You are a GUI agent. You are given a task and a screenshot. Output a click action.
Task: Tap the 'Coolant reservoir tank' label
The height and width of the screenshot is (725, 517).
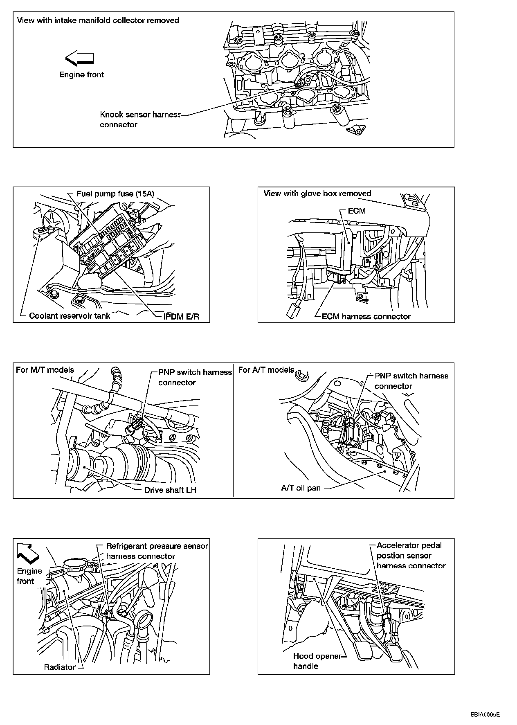coord(70,315)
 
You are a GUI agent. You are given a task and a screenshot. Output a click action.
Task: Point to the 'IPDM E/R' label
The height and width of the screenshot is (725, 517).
coord(181,316)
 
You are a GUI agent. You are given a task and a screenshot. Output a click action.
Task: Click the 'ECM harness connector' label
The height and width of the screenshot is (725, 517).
coord(366,316)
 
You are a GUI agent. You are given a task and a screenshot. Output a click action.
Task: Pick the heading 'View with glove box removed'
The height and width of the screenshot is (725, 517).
coord(317,194)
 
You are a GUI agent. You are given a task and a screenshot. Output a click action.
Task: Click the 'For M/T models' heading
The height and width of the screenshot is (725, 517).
coord(45,370)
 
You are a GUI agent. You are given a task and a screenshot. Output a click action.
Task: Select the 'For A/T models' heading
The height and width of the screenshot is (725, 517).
coord(266,370)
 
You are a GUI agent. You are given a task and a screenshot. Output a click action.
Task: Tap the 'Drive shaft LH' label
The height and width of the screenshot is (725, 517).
coord(170,490)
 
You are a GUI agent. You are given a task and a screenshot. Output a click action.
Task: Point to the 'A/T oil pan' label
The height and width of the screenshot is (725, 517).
coord(301,488)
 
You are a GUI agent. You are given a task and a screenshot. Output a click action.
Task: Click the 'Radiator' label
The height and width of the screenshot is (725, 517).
coord(60,667)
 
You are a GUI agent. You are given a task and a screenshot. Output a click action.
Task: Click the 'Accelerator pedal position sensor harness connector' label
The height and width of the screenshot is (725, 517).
coord(411,555)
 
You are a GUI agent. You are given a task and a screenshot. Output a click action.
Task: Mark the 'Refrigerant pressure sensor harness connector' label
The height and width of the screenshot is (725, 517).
coord(157,551)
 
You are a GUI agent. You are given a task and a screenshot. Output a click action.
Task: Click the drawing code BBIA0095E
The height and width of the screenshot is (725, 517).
coord(485,715)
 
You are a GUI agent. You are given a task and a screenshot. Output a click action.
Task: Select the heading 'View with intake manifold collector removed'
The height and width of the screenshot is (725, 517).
coord(98,20)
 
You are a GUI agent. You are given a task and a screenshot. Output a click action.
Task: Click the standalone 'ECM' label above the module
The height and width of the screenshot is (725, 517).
coord(356,211)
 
